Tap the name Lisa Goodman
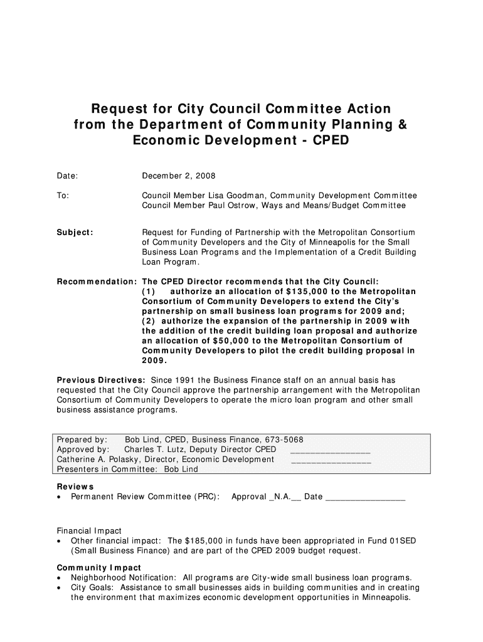click(x=247, y=196)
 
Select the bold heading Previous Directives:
click(x=102, y=381)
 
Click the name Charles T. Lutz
click(x=157, y=450)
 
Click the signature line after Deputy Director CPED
click(x=331, y=451)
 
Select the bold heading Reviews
click(x=75, y=487)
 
